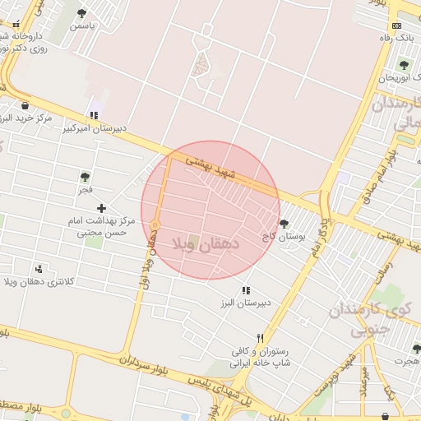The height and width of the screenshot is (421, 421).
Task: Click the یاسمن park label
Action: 82,25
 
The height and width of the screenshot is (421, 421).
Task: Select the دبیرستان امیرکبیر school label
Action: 96,128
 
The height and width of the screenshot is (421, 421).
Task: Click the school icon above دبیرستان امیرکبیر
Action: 94,116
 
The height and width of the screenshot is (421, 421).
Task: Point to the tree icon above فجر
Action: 85,177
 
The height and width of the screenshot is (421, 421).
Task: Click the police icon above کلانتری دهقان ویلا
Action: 39,269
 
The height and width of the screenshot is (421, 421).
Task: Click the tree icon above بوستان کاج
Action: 284,223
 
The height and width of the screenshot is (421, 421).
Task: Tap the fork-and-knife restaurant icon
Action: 261,338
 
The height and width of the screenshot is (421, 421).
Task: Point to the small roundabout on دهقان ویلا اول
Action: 154,225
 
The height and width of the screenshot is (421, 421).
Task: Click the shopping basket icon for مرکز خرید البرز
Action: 25,105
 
